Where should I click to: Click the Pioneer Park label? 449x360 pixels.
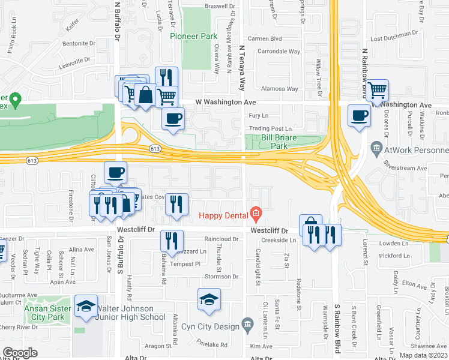pos(193,36)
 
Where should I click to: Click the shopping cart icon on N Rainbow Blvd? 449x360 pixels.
pos(378,91)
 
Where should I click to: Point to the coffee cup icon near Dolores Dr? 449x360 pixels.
pos(360,115)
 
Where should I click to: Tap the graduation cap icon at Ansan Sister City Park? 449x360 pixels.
pos(86,305)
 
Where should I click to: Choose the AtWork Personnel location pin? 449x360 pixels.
pos(376,147)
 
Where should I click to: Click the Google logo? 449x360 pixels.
pos(20,353)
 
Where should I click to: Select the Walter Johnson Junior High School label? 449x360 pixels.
pos(127,313)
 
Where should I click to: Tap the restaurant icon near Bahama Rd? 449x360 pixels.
pos(172,241)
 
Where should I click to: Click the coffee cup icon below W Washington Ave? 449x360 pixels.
pos(173,118)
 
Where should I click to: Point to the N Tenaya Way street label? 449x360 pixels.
pos(243,66)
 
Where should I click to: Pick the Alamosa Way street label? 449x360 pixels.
pos(284,89)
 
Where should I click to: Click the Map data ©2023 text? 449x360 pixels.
pos(424,355)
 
